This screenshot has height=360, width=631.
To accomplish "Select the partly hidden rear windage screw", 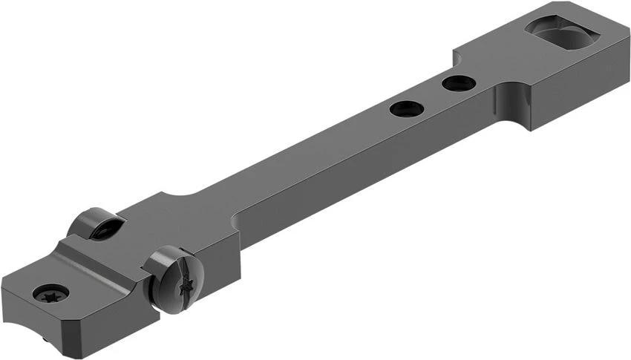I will pos(96,223).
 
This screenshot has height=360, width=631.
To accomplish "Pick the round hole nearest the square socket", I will pos(459,83).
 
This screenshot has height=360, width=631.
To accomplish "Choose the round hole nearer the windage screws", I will pos(406,108).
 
